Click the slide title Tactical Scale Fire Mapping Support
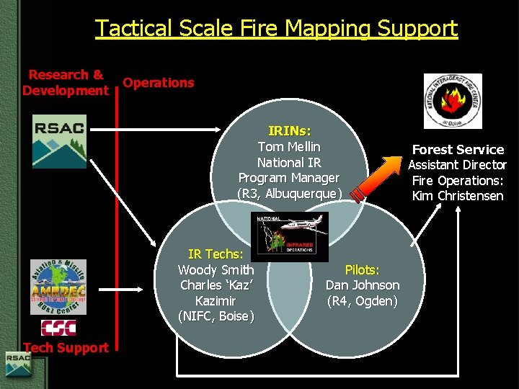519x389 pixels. pyautogui.click(x=276, y=28)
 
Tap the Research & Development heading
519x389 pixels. pyautogui.click(x=65, y=82)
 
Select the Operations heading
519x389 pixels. pyautogui.click(x=158, y=82)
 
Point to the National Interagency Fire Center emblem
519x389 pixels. pyautogui.click(x=453, y=101)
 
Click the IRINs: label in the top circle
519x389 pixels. pyautogui.click(x=289, y=131)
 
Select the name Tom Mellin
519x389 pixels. pyautogui.click(x=289, y=147)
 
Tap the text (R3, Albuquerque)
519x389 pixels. pyautogui.click(x=289, y=194)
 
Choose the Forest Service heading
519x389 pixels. pyautogui.click(x=458, y=149)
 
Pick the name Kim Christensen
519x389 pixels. pyautogui.click(x=458, y=196)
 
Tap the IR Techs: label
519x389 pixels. pyautogui.click(x=216, y=254)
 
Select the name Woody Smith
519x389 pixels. pyautogui.click(x=216, y=269)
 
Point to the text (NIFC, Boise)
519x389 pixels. pyautogui.click(x=216, y=316)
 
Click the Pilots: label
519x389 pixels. pyautogui.click(x=362, y=269)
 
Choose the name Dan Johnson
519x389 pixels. pyautogui.click(x=362, y=285)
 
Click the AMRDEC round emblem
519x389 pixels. pyautogui.click(x=58, y=287)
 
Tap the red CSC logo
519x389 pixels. pyautogui.click(x=58, y=328)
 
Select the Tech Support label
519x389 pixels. pyautogui.click(x=66, y=347)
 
